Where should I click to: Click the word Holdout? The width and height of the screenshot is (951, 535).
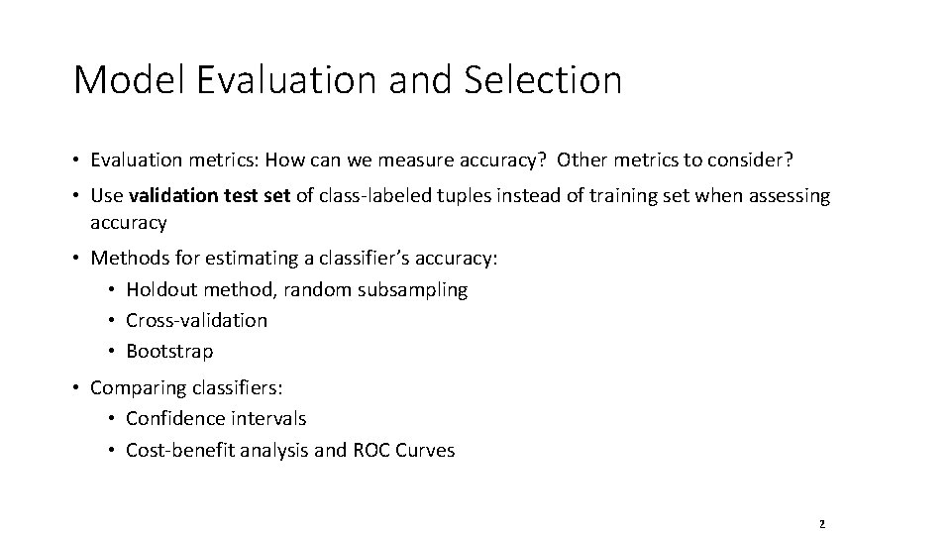click(x=162, y=290)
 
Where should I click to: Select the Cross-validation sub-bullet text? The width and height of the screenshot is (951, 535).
click(x=196, y=321)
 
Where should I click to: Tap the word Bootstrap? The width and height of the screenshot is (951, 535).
click(x=169, y=352)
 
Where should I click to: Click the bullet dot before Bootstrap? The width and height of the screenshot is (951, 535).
click(x=113, y=352)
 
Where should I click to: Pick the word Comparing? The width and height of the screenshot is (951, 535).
click(x=136, y=387)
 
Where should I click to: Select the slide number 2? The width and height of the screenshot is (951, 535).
click(x=822, y=523)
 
